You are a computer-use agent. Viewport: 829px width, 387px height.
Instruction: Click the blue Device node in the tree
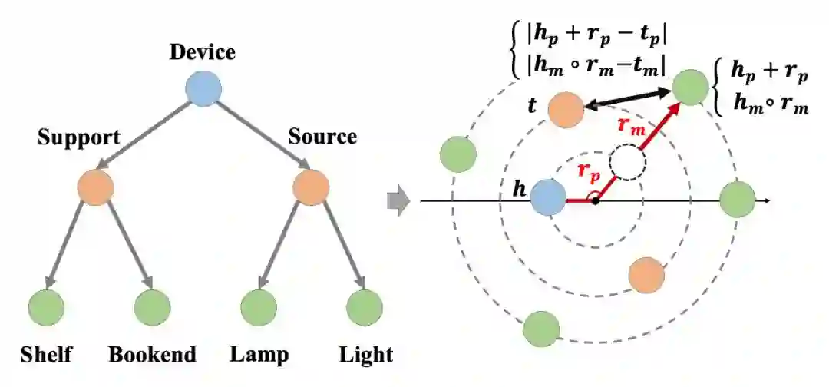[x=203, y=89]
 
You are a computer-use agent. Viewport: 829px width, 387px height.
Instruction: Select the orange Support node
[x=95, y=187]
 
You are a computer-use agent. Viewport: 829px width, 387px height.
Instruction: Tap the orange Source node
[x=311, y=187]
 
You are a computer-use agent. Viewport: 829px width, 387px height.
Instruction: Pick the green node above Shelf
[x=46, y=308]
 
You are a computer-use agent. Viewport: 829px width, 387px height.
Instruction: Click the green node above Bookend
[x=152, y=308]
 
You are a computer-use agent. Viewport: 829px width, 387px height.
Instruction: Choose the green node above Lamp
[x=258, y=308]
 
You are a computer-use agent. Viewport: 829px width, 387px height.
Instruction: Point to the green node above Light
[x=364, y=308]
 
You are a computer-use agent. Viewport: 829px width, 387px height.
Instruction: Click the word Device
[x=203, y=52]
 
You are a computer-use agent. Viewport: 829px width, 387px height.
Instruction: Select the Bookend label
[x=152, y=355]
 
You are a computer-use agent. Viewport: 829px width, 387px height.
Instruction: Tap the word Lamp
[x=259, y=355]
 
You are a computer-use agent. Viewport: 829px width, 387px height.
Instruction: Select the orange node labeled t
[x=566, y=109]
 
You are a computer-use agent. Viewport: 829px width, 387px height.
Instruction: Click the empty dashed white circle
[x=629, y=162]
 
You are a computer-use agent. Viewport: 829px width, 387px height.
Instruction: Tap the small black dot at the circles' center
[x=596, y=202]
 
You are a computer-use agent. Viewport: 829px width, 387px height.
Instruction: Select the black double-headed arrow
[x=629, y=100]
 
